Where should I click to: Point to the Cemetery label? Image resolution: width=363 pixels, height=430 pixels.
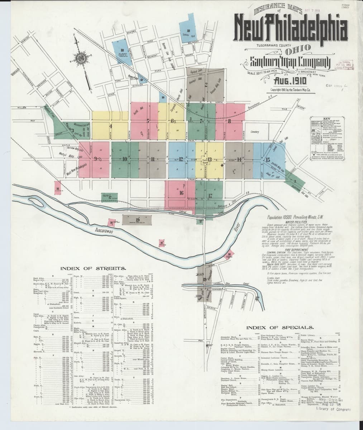[x=254, y=132]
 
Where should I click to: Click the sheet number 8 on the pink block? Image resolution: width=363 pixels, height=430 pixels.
[x=229, y=121]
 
